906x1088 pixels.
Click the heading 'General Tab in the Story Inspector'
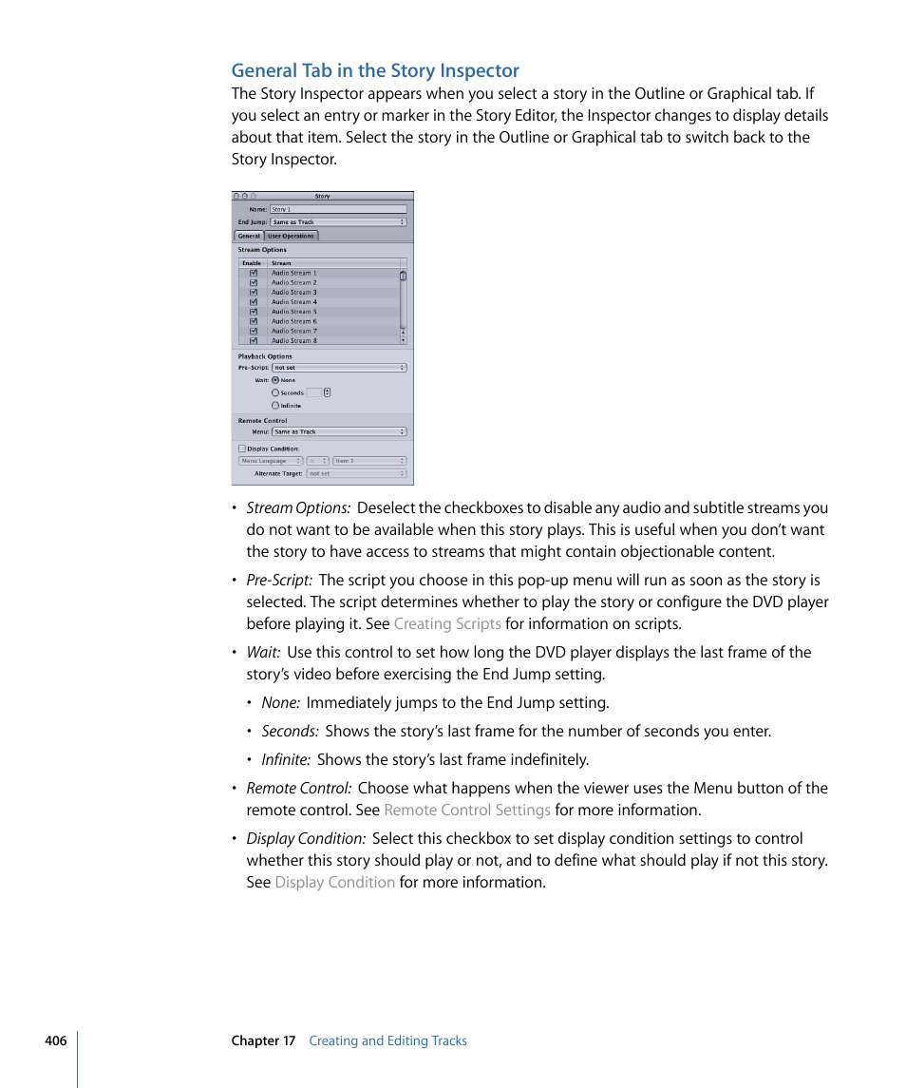click(x=375, y=70)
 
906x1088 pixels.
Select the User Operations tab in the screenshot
click(x=291, y=236)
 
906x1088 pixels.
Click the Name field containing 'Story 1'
click(x=338, y=209)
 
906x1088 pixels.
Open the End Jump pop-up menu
click(x=338, y=222)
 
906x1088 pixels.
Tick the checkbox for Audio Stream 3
click(x=254, y=293)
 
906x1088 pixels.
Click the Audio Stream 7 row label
click(x=294, y=331)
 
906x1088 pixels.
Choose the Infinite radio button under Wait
click(x=275, y=405)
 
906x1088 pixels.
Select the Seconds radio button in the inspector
click(x=275, y=392)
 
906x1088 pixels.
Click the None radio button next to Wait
click(x=275, y=380)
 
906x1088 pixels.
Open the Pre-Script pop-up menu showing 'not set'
click(x=338, y=368)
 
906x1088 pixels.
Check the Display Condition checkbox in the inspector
click(x=242, y=449)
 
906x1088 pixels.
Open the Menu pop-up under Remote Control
click(x=338, y=431)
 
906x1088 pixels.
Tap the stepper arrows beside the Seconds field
click(x=328, y=392)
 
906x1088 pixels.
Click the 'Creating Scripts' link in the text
click(x=447, y=624)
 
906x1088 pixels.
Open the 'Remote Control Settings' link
click(x=467, y=811)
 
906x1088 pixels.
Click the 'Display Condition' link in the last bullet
click(x=334, y=883)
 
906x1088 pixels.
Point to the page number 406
click(x=55, y=1040)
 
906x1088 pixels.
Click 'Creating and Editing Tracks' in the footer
click(x=387, y=1040)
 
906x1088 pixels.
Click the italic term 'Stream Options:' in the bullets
click(x=298, y=508)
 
